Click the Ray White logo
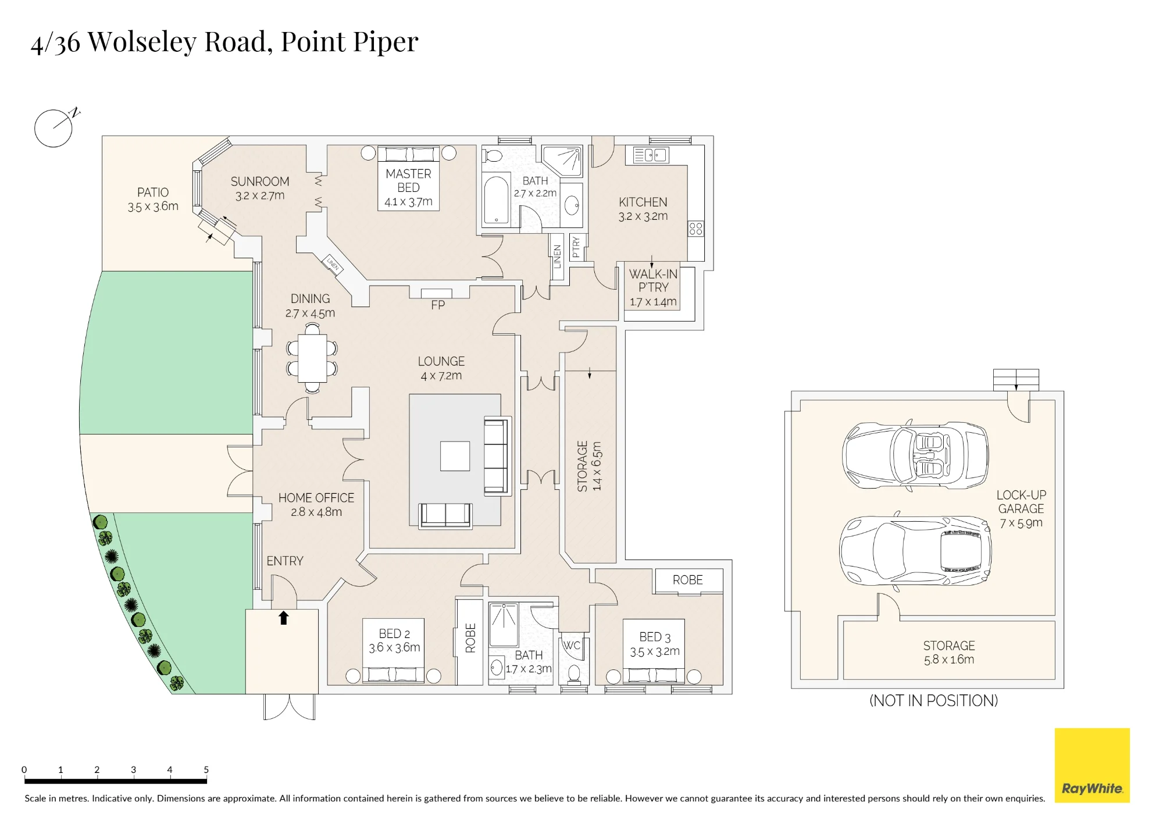1092,765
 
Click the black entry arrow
284,618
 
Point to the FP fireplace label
438,305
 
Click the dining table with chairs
312,358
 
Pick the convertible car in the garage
915,454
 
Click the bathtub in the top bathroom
496,199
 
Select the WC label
572,645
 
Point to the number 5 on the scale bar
206,769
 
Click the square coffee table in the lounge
455,456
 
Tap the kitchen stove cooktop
695,229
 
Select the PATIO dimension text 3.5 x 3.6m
153,206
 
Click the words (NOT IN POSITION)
933,700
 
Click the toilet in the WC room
574,674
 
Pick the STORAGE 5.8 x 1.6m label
949,653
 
